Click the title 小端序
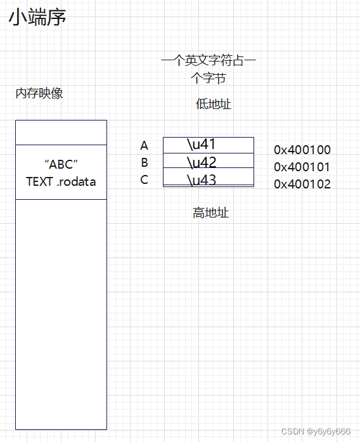pos(37,17)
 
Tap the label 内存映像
pos(39,93)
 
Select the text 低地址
pos(214,104)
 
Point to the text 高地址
pos(210,212)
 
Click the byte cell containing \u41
pos(209,145)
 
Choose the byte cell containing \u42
pos(209,160)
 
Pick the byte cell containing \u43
pos(209,176)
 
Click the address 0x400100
pos(302,150)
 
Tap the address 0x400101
pos(302,167)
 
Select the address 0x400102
pos(302,184)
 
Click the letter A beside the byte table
pos(145,145)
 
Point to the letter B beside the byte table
pos(145,162)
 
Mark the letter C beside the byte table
pos(145,179)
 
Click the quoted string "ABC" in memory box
pos(61,164)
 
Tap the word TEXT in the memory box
pos(39,182)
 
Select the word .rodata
pos(76,182)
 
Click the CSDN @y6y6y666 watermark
pos(316,431)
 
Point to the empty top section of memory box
pos(61,133)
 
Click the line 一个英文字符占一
pos(209,60)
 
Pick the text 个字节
pos(209,78)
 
